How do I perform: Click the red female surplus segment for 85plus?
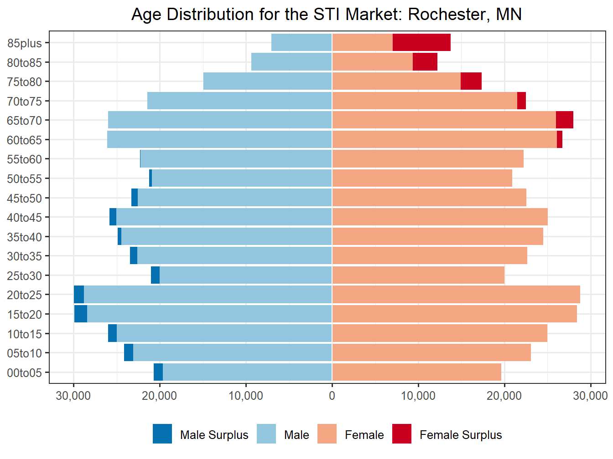[x=421, y=42]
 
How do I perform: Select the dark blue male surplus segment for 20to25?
[x=79, y=295]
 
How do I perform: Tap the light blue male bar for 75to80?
[x=267, y=82]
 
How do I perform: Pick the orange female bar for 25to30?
[x=418, y=275]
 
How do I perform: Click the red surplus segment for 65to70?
[x=565, y=120]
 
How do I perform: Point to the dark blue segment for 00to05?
[x=158, y=372]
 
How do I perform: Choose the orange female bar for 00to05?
[x=416, y=372]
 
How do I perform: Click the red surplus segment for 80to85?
[x=425, y=62]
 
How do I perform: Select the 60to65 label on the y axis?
[x=24, y=140]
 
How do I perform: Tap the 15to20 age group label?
[x=24, y=315]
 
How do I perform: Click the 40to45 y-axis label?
[x=24, y=218]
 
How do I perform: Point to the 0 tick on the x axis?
[x=332, y=396]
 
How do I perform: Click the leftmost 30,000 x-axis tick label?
[x=73, y=396]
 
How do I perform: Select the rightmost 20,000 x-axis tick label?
[x=504, y=396]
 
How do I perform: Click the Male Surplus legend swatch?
[x=162, y=434]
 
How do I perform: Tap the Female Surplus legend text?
[x=461, y=435]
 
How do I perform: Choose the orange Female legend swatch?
[x=327, y=434]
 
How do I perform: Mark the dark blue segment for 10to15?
[x=112, y=333]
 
